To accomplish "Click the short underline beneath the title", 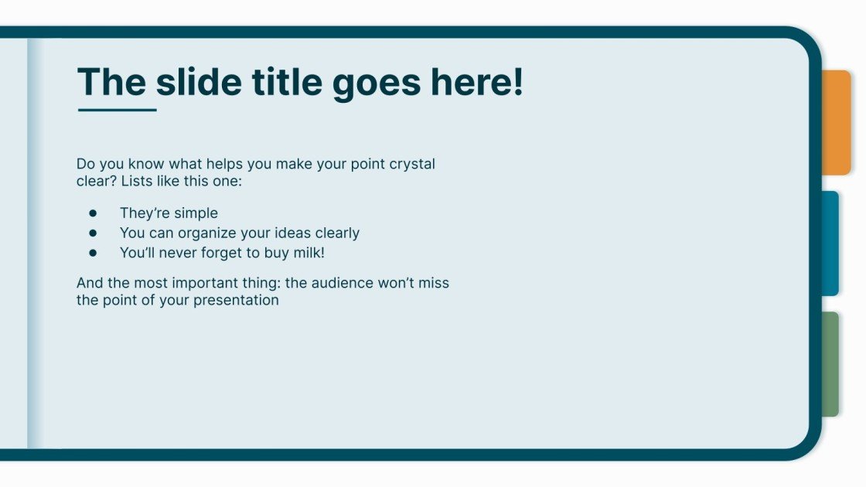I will [x=117, y=110].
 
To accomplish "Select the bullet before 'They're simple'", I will [x=93, y=213].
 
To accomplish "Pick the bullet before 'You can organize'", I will [x=93, y=233].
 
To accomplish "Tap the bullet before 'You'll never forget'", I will [x=93, y=252].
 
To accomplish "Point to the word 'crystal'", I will [x=412, y=164].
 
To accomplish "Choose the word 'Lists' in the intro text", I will [x=141, y=182].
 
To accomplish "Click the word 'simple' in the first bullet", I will [x=193, y=213].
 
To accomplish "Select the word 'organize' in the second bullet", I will [x=226, y=233].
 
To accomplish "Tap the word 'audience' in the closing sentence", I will [x=341, y=283].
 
